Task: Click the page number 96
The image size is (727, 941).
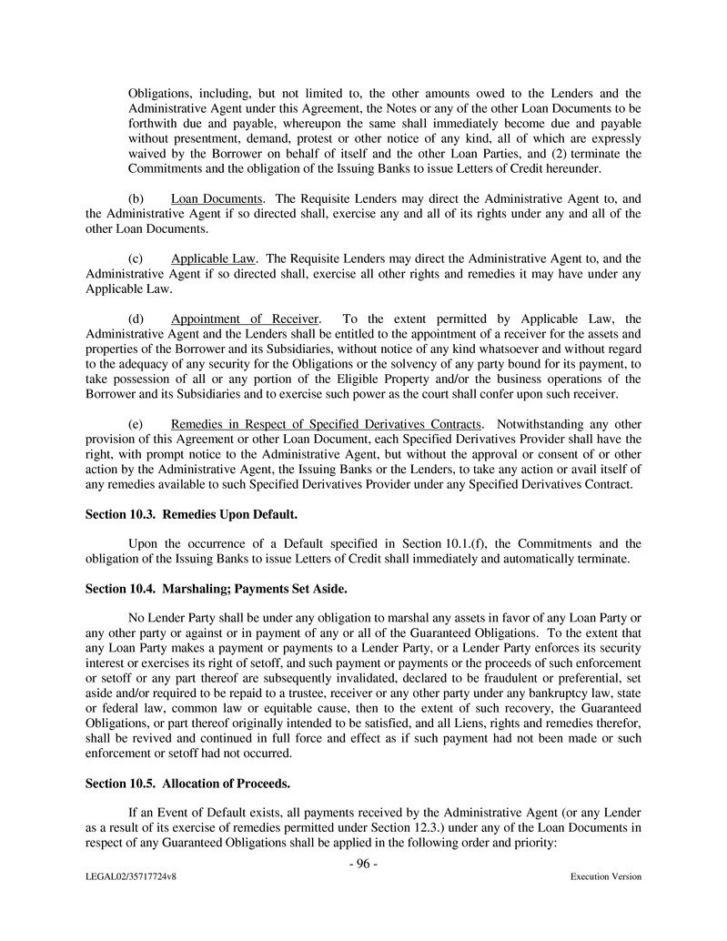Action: pos(363,864)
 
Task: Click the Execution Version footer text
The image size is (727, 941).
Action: pos(605,876)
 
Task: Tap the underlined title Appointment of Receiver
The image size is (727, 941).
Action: pos(245,319)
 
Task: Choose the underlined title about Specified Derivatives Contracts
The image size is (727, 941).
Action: pos(326,424)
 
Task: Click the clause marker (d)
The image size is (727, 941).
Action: pos(136,319)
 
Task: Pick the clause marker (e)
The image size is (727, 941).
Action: pos(136,424)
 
